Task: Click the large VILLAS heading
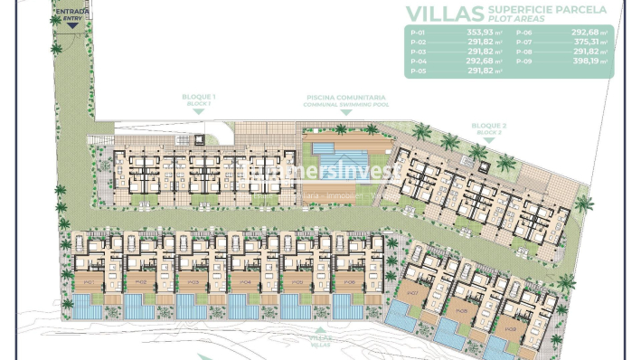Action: (x=442, y=13)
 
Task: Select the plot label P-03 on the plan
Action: (x=193, y=282)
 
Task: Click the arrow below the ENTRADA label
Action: (x=71, y=24)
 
